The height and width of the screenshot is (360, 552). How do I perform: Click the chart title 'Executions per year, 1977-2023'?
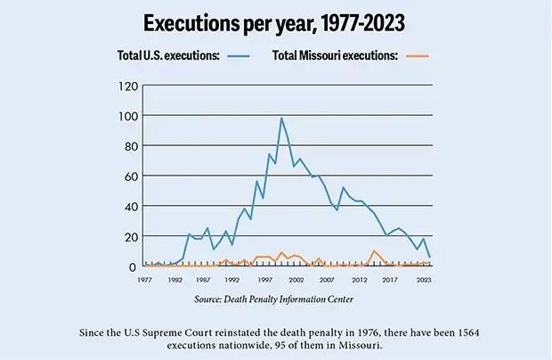(x=276, y=21)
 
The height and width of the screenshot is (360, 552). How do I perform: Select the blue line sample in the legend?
(x=239, y=55)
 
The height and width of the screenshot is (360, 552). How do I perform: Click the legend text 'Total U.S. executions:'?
(x=169, y=55)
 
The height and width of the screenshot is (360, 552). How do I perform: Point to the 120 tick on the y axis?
(x=127, y=86)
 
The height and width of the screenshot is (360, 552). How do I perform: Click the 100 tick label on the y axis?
(x=127, y=117)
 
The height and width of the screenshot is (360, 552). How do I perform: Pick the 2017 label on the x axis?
(x=390, y=279)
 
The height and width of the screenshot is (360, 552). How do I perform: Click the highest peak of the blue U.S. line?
(x=281, y=118)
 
